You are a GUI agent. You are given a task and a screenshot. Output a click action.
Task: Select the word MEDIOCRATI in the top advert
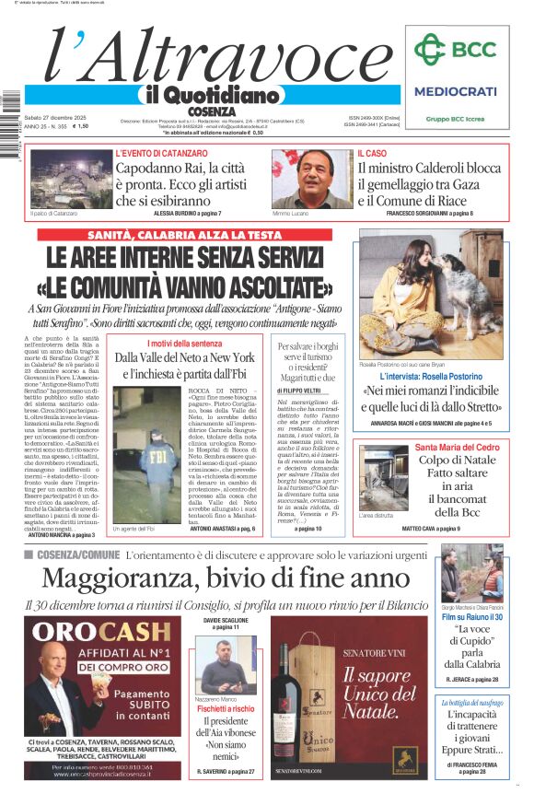point(455,91)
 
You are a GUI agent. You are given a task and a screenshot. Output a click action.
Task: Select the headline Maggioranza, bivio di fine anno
point(226,577)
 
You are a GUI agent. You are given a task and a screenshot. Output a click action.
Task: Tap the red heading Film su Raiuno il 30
point(470,616)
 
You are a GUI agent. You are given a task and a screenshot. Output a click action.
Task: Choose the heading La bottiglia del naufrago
point(470,702)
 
